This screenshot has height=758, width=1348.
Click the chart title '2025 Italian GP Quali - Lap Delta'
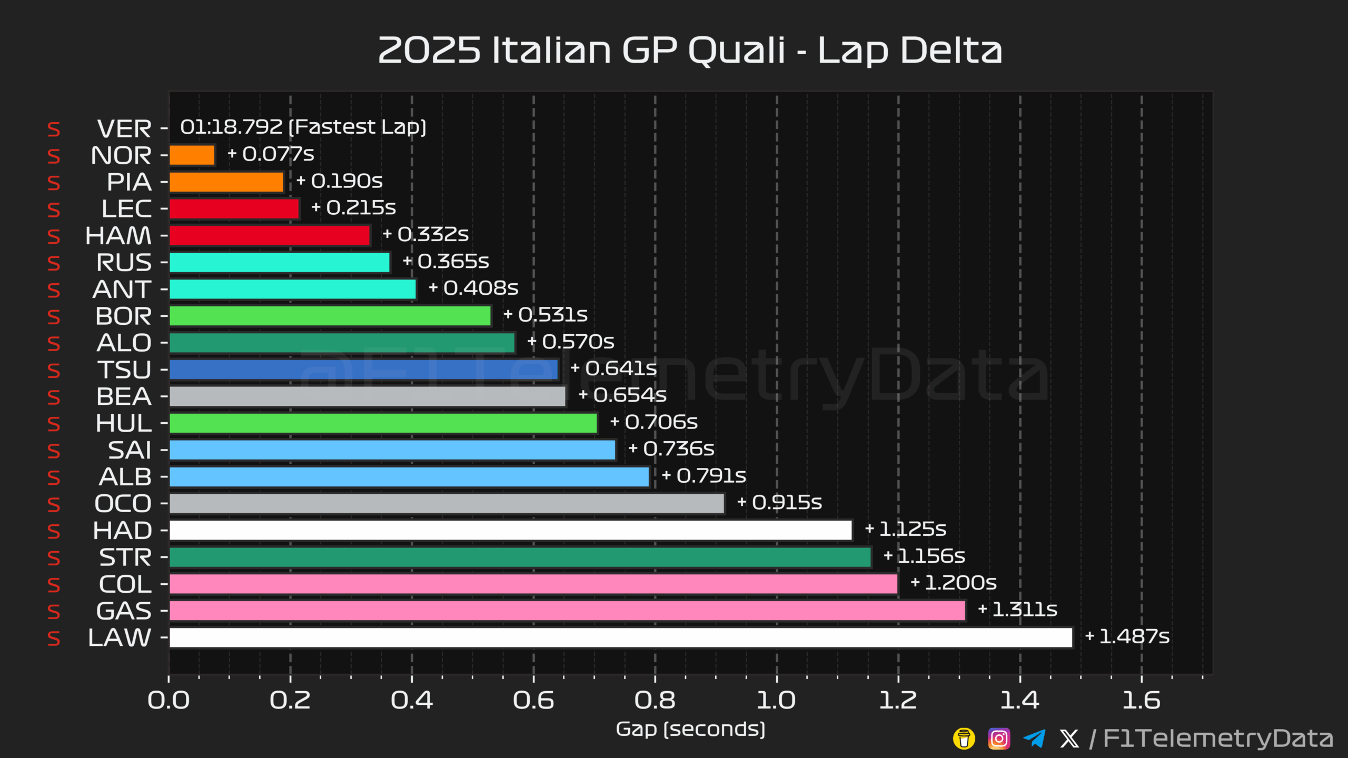click(x=690, y=51)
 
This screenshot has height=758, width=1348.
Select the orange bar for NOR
click(x=192, y=155)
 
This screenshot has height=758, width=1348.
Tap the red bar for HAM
click(x=270, y=235)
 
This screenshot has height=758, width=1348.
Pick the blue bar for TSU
click(x=364, y=370)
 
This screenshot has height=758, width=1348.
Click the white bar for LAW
click(x=621, y=637)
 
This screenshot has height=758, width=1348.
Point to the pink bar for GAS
click(x=568, y=611)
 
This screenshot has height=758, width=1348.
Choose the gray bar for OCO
click(x=447, y=504)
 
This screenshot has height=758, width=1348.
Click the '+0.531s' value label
click(x=546, y=315)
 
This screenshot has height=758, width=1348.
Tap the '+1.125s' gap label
click(x=906, y=529)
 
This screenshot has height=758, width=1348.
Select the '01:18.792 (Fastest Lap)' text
click(x=303, y=127)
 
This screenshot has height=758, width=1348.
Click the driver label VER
click(x=124, y=129)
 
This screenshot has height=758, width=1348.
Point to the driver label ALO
click(x=124, y=343)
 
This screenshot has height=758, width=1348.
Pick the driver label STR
click(x=125, y=557)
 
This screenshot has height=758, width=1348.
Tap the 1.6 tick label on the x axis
click(x=1142, y=701)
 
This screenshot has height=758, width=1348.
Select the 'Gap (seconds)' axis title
click(x=690, y=730)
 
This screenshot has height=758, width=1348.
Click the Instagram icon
click(x=999, y=739)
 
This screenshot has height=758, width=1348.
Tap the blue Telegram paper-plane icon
click(x=1034, y=739)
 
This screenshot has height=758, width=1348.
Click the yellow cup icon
click(x=964, y=739)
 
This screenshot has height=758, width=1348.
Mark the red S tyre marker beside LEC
click(x=54, y=210)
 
